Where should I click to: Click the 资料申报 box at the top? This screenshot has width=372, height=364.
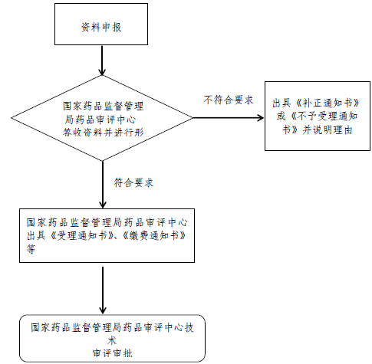click(x=101, y=25)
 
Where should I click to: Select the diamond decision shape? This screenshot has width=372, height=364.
click(x=102, y=118)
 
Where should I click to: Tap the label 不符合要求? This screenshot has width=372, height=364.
click(x=229, y=100)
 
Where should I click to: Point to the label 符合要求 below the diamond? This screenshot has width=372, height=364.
click(x=133, y=182)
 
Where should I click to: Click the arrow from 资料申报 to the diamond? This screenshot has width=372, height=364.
click(x=102, y=61)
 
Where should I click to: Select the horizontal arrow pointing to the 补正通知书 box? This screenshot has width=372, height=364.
click(x=228, y=118)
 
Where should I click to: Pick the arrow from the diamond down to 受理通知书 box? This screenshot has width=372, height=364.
click(x=103, y=185)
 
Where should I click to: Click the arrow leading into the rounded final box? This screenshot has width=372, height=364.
click(x=103, y=290)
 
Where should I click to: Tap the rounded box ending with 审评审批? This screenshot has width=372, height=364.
click(x=113, y=338)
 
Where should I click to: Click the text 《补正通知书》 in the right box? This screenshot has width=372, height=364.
click(x=328, y=103)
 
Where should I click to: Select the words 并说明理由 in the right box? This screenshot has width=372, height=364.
click(x=328, y=130)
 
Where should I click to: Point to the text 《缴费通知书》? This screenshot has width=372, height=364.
click(x=154, y=235)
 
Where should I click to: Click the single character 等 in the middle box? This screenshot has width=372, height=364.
click(x=31, y=249)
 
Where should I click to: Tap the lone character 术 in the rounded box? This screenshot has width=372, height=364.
click(x=112, y=340)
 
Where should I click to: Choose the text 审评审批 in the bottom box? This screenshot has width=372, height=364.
click(x=113, y=353)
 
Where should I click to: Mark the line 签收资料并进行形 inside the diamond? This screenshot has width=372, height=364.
click(x=104, y=133)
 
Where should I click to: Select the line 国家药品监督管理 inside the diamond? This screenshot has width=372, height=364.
click(x=104, y=106)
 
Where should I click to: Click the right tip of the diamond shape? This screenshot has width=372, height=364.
click(x=193, y=118)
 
